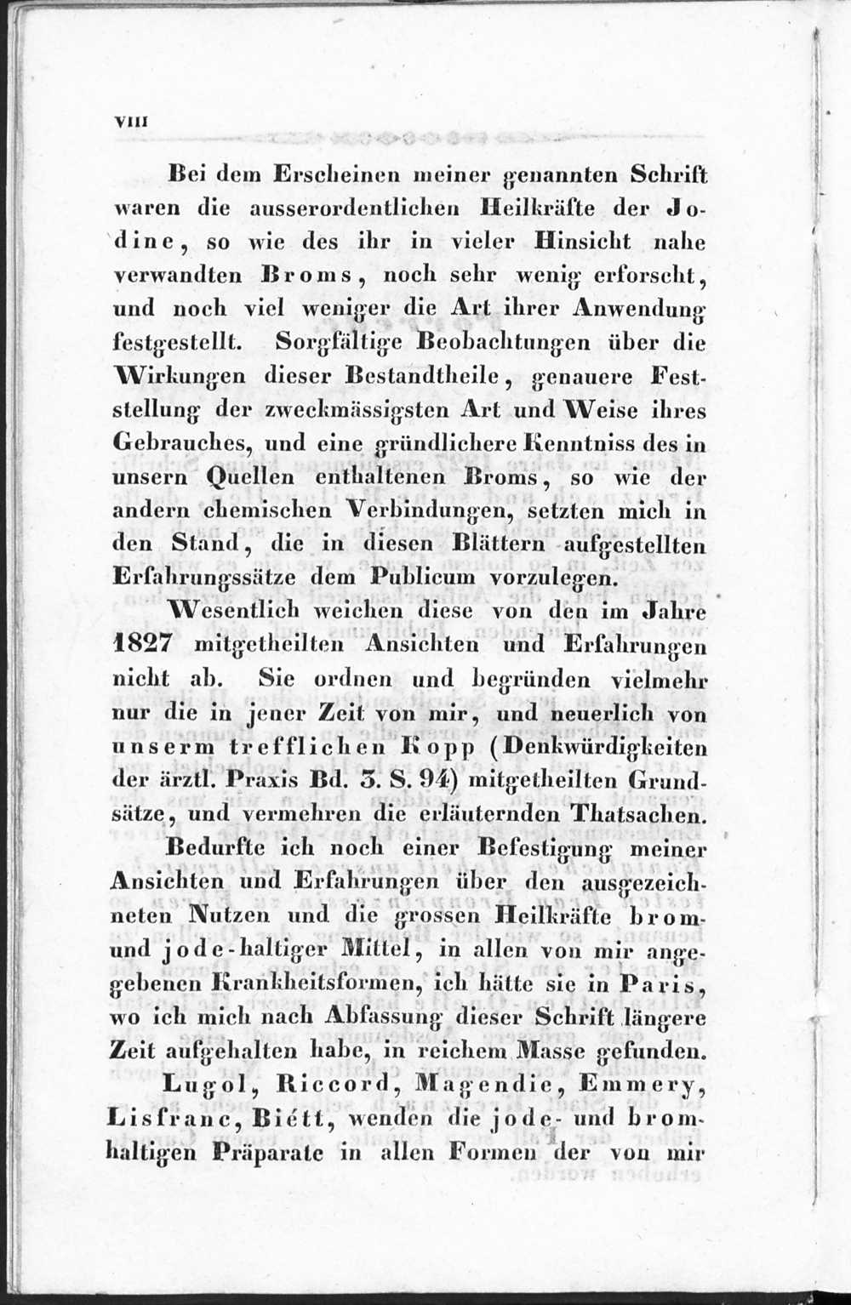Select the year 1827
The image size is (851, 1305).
coord(144,645)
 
